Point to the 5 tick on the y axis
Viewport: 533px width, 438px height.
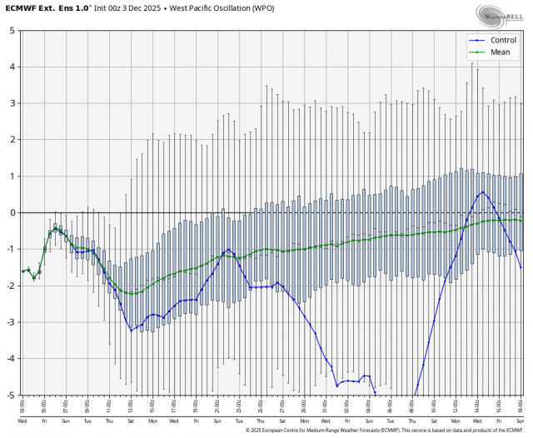click(12, 30)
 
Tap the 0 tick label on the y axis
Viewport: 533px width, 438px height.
click(12, 212)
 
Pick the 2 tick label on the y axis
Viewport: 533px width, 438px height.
click(12, 140)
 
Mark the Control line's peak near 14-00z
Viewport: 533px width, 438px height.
click(482, 192)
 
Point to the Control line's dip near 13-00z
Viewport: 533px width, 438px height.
click(132, 331)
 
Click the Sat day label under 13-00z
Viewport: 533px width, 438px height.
click(131, 421)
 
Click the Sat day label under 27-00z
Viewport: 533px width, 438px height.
click(282, 421)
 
